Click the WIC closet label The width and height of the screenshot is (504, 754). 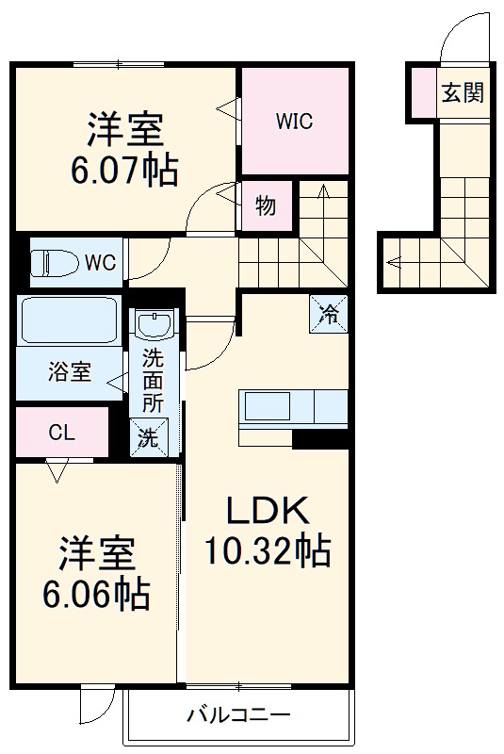pyautogui.click(x=294, y=121)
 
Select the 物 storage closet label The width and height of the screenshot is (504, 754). pyautogui.click(x=266, y=205)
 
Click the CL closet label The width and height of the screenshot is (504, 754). pyautogui.click(x=62, y=433)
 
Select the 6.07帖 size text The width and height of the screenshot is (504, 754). pyautogui.click(x=125, y=169)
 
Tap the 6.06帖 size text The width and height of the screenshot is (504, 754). pyautogui.click(x=97, y=593)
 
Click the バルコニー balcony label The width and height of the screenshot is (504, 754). pyautogui.click(x=237, y=713)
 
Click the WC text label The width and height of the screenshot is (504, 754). pyautogui.click(x=101, y=262)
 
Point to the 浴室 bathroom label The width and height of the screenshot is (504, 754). pyautogui.click(x=70, y=372)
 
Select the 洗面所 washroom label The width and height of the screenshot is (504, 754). pyautogui.click(x=152, y=380)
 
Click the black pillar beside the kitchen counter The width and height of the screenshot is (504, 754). pyautogui.click(x=319, y=438)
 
